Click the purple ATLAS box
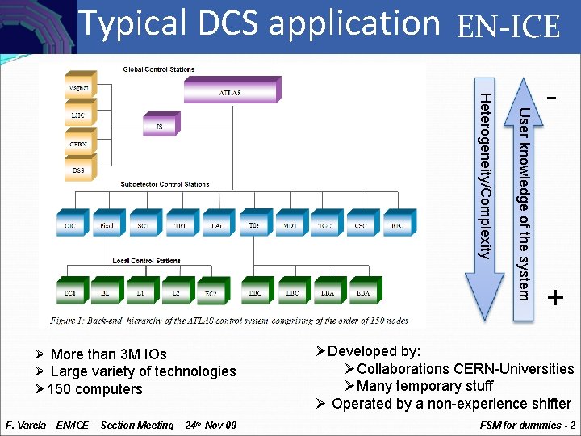click(x=230, y=93)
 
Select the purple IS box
click(x=159, y=127)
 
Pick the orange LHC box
click(x=77, y=115)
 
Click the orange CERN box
click(x=79, y=145)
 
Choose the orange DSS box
click(x=79, y=171)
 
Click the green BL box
click(x=105, y=293)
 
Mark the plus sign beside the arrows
click(x=555, y=299)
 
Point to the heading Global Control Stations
click(x=159, y=69)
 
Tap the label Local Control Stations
click(x=146, y=261)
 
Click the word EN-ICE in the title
click(x=508, y=28)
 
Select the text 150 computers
click(x=94, y=389)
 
